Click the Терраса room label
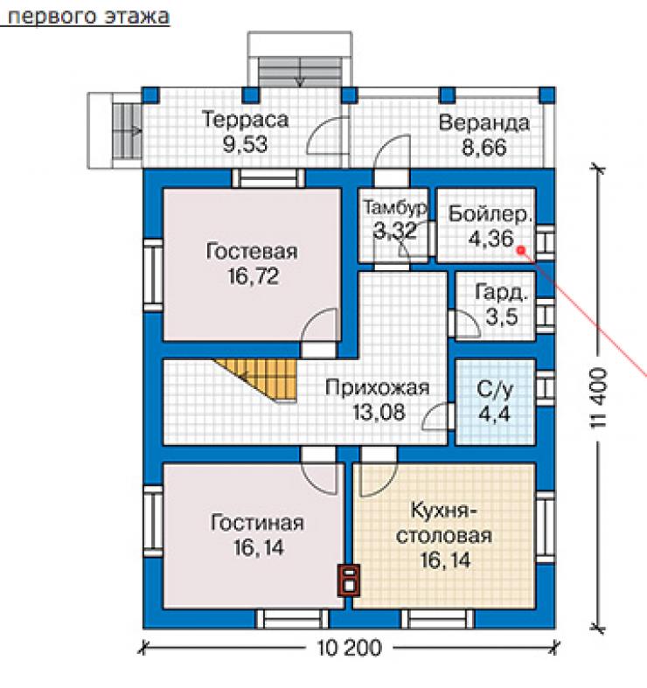245,120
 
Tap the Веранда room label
484,123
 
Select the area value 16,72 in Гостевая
254,276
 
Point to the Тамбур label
395,207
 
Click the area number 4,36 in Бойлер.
490,239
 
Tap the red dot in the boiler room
521,250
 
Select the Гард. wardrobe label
501,293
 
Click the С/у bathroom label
495,389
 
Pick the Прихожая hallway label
378,388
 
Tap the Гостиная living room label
257,523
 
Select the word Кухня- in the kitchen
444,511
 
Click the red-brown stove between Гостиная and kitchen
349,580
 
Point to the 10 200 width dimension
350,648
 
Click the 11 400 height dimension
598,399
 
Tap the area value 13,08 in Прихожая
379,413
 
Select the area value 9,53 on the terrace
245,144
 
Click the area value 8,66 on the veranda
484,148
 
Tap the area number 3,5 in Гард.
502,316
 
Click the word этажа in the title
137,17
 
